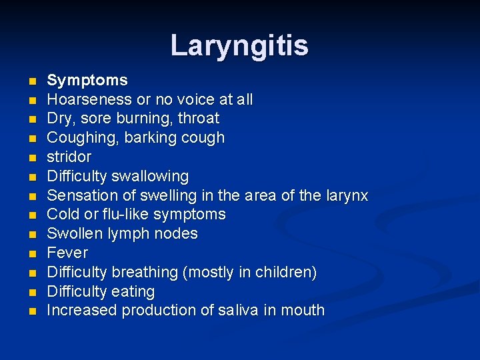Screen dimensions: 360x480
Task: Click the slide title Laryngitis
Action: pos(239,45)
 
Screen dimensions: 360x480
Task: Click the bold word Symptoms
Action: pos(87,81)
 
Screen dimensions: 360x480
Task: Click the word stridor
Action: pos(69,157)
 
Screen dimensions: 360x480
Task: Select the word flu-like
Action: pos(125,215)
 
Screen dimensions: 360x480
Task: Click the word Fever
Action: pos(67,253)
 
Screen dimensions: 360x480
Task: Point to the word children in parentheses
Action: pos(287,273)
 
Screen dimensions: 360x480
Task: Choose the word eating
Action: pos(134,292)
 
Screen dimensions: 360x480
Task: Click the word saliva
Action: pos(241,311)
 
